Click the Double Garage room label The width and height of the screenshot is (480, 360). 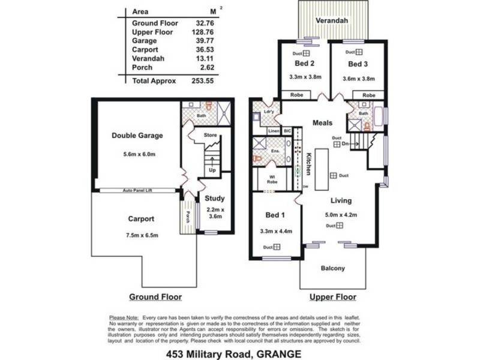pyautogui.click(x=137, y=136)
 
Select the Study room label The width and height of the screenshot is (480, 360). pyautogui.click(x=214, y=198)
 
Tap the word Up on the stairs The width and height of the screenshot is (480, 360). pyautogui.click(x=212, y=170)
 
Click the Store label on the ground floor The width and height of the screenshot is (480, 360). pyautogui.click(x=210, y=136)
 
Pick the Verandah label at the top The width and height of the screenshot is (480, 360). pyautogui.click(x=332, y=20)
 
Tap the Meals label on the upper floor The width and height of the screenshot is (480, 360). pyautogui.click(x=322, y=123)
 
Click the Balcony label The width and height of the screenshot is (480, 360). pyautogui.click(x=332, y=268)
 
